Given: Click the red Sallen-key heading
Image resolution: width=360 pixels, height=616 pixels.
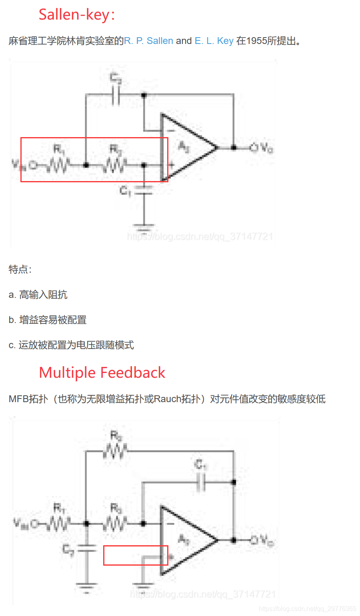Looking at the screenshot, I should [76, 15].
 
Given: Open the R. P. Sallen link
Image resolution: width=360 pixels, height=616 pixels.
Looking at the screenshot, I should [148, 41].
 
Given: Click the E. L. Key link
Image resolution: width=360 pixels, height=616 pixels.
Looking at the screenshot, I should [214, 41].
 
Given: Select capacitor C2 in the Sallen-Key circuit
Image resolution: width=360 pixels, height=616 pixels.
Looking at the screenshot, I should [116, 95].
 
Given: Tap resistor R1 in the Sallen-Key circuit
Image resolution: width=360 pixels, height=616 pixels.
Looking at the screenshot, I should [58, 164].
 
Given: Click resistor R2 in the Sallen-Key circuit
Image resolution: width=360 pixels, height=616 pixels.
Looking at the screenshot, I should [115, 164].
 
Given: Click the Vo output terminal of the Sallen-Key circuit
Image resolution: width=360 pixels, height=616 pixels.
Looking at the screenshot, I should [254, 148].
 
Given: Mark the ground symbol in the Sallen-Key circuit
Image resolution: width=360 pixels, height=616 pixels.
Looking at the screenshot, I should [144, 228].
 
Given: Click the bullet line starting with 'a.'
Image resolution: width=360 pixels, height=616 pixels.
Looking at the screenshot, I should [38, 295].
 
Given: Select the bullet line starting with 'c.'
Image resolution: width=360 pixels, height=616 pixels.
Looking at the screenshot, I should [71, 345].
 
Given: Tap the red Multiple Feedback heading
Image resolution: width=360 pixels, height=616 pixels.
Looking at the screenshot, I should [102, 373].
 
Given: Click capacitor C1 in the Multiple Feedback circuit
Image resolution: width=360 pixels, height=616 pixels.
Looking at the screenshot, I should [201, 482].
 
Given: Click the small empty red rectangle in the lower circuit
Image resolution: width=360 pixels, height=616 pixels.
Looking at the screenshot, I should [136, 555].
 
